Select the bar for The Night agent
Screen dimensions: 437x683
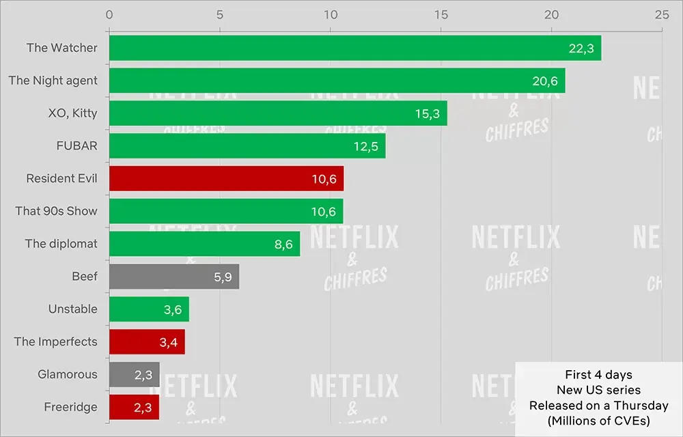tap(337, 81)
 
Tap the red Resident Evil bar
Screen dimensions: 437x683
tap(226, 178)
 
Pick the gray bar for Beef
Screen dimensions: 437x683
tap(174, 277)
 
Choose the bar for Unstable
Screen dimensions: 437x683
tap(149, 309)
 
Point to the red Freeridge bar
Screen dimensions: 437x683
tap(134, 407)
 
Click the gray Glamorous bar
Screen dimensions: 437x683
tap(134, 374)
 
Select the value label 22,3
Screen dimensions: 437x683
tap(581, 48)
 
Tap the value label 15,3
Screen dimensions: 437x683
tap(427, 113)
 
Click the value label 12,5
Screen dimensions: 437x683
tap(365, 146)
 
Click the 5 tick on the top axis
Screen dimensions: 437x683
tap(219, 14)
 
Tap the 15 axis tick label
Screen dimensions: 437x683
tap(441, 14)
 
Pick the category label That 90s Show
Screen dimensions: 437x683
tap(57, 211)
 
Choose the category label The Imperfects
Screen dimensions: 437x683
tap(56, 341)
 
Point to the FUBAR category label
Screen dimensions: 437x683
tap(76, 146)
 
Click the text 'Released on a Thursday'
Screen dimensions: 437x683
tap(599, 406)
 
